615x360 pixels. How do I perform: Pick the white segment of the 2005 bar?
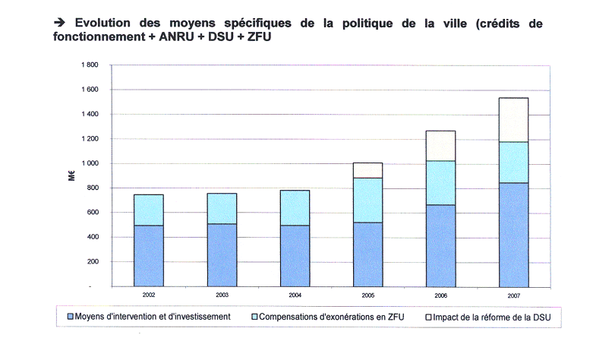click(x=363, y=170)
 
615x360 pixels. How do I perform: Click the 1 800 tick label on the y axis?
click(x=89, y=65)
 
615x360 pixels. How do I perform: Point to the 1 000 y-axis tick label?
click(x=89, y=164)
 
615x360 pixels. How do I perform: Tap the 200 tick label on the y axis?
click(x=93, y=262)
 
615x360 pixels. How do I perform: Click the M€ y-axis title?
click(x=68, y=176)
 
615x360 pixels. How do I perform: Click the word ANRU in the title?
click(x=172, y=37)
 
